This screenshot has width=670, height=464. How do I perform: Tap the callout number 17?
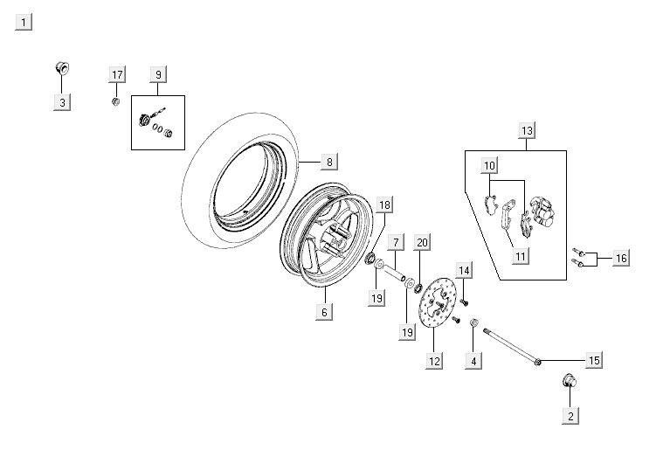[116, 74]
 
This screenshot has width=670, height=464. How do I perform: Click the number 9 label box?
[157, 74]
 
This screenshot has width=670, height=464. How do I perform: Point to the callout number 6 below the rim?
[323, 312]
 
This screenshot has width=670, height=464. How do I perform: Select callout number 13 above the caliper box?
[526, 131]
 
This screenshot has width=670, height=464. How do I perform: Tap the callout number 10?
[489, 166]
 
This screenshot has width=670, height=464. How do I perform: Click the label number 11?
[520, 256]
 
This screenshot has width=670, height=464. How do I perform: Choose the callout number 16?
[620, 258]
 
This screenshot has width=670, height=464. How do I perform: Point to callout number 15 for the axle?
[593, 360]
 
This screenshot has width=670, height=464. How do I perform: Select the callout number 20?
[422, 242]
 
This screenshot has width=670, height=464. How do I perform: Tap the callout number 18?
[385, 205]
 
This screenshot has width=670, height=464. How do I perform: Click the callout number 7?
[396, 242]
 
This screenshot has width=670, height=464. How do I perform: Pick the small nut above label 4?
[474, 325]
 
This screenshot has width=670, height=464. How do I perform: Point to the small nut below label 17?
[115, 102]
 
